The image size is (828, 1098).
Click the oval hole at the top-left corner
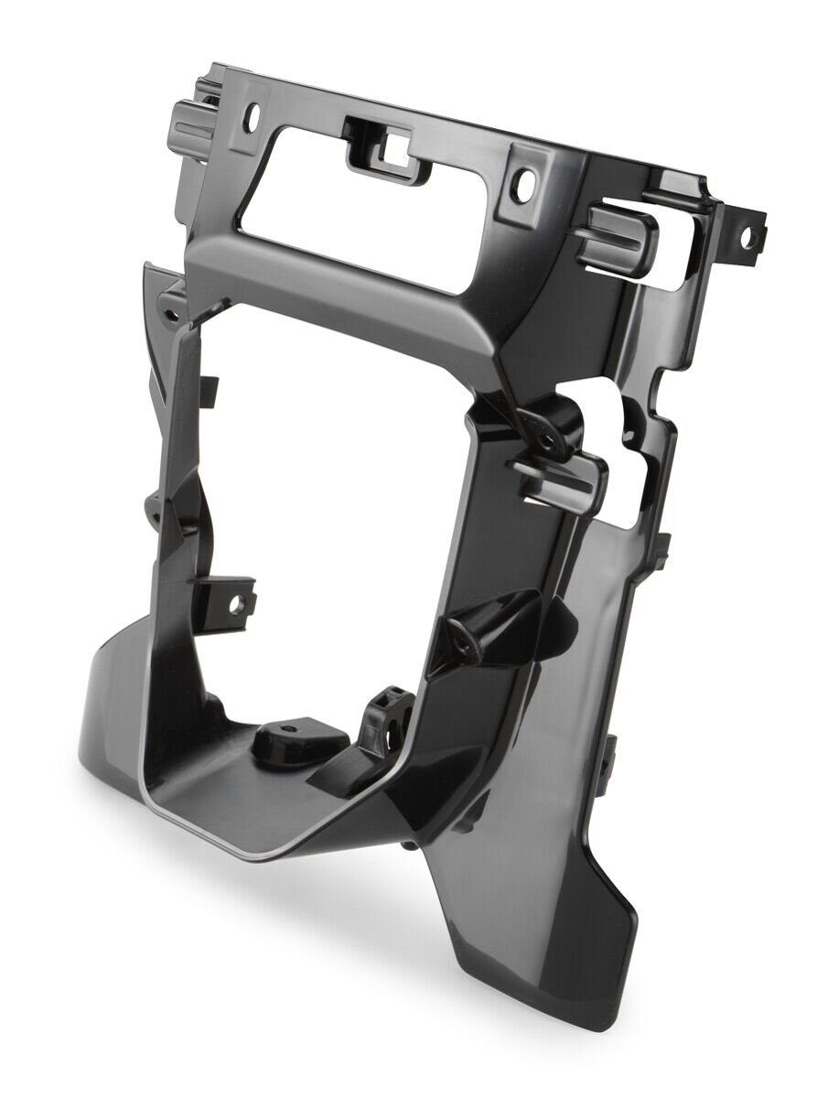(x=254, y=116)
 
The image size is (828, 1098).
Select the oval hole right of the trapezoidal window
(x=522, y=188)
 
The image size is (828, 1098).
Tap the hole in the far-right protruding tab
(x=747, y=237)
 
